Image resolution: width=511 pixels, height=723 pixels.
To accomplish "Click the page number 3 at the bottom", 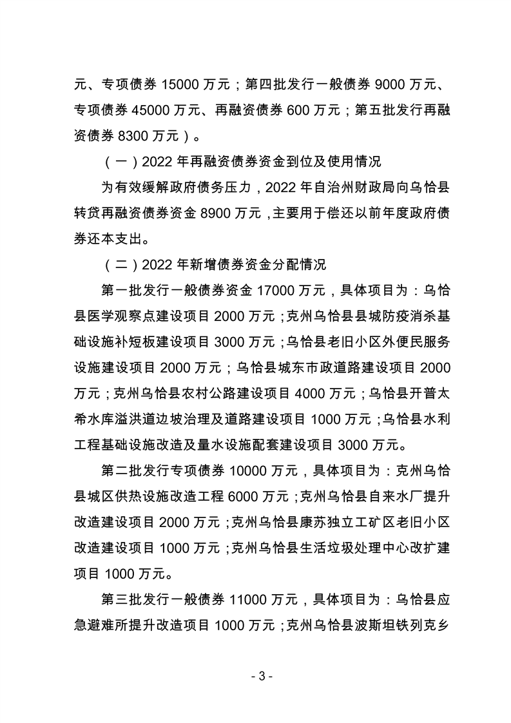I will point(255,677).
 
